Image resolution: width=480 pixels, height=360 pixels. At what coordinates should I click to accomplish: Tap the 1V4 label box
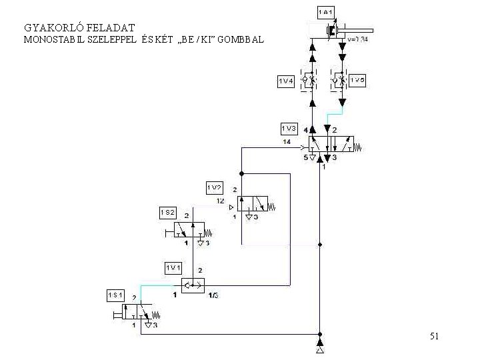287,81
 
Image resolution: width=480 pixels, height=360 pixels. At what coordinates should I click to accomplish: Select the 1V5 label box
357,81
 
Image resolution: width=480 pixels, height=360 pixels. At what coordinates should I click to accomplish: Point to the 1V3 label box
289,128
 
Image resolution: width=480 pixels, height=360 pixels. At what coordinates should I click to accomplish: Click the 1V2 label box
215,187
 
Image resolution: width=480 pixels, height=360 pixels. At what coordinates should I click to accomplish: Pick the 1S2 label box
168,213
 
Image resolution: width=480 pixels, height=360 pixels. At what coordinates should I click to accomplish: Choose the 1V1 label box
173,267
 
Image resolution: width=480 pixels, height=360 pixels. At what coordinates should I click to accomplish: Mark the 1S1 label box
116,295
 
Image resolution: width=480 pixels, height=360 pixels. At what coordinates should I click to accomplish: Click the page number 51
434,336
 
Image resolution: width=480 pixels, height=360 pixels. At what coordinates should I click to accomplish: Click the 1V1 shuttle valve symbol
193,285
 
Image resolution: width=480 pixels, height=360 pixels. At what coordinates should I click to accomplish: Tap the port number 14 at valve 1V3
287,142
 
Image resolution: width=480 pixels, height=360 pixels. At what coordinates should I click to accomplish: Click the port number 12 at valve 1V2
220,201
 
